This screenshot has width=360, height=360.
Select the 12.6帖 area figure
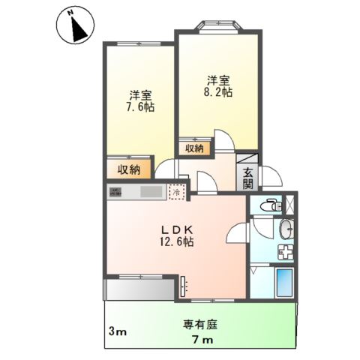(x=175, y=243)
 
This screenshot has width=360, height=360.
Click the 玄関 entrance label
(x=247, y=178)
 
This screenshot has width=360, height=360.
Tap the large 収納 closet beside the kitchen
(x=128, y=170)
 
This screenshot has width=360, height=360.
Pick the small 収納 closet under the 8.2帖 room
(x=194, y=148)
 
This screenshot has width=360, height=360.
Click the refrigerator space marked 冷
(x=176, y=192)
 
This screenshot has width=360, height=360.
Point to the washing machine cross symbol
(x=285, y=253)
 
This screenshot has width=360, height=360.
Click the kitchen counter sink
(x=150, y=193)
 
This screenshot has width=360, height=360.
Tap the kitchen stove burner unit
(x=117, y=193)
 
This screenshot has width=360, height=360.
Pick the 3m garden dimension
(x=115, y=331)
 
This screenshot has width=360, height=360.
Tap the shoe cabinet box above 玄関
(x=248, y=158)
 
